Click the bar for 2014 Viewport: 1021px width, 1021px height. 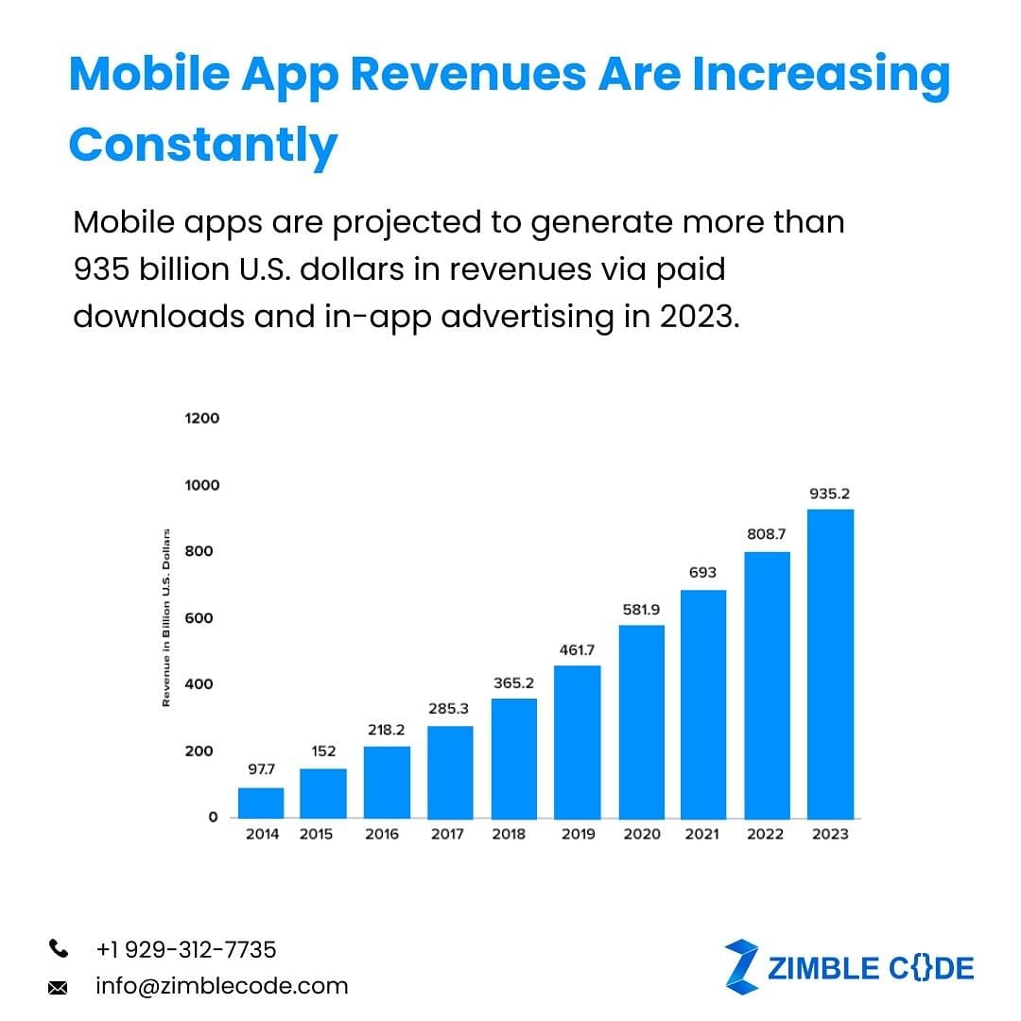click(261, 803)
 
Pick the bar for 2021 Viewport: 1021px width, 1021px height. click(703, 704)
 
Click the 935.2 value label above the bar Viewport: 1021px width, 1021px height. click(829, 493)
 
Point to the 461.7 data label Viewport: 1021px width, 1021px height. click(577, 650)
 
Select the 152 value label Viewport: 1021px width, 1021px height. click(323, 752)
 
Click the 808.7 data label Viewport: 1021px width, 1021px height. click(766, 534)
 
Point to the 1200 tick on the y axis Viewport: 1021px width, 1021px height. click(201, 418)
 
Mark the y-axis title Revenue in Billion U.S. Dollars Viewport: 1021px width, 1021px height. click(166, 615)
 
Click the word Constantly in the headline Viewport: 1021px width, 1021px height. click(203, 145)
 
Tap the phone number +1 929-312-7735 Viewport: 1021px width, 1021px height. click(186, 949)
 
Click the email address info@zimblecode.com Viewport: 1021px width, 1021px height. click(221, 986)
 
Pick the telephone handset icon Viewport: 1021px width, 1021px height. click(58, 948)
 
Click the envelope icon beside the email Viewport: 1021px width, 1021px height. click(58, 988)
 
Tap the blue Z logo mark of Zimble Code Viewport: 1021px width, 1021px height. click(741, 965)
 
